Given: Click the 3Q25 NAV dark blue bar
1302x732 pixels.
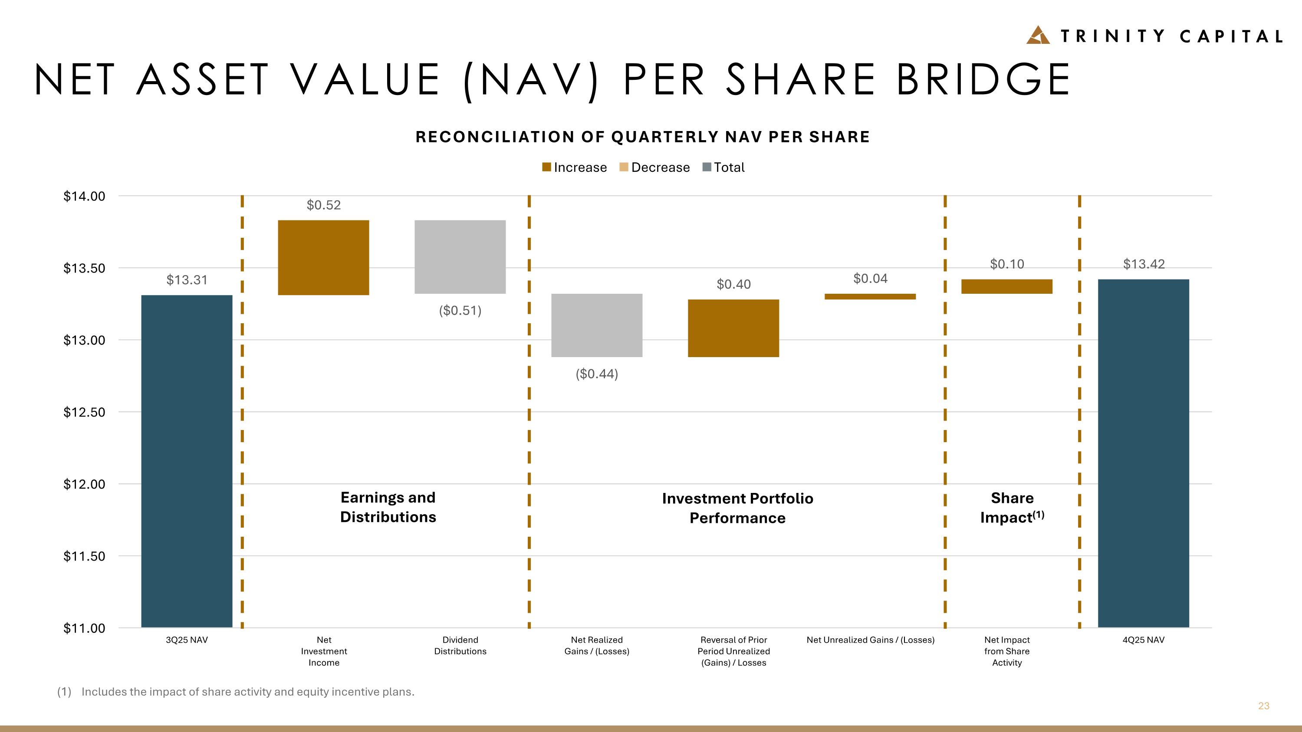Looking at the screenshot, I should tap(187, 461).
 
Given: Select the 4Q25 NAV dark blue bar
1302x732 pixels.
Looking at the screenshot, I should tap(1143, 453).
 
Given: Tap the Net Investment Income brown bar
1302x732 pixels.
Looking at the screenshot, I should tap(323, 257).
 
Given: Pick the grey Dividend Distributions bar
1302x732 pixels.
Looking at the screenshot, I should tap(460, 256).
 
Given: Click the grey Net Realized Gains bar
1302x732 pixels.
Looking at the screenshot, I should tap(596, 325).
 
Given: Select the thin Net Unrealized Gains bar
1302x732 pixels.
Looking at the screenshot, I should tap(870, 296).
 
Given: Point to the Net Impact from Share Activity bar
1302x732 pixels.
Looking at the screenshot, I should tap(1006, 286).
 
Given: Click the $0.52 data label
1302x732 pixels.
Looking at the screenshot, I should tap(323, 205).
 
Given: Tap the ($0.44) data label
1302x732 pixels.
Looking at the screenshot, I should tap(596, 374).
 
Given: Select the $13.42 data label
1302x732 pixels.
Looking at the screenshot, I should tap(1143, 264).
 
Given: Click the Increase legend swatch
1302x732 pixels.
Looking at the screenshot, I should tap(546, 167).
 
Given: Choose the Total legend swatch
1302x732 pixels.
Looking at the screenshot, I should tap(707, 167).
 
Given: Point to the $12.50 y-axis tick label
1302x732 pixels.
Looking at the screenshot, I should tap(84, 412).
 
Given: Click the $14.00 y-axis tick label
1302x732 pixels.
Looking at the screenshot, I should tap(84, 196).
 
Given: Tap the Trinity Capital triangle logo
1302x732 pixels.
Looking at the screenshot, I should tap(1038, 35).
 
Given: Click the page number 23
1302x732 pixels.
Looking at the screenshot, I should tap(1263, 706).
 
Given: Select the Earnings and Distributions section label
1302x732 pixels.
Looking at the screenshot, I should tap(388, 507).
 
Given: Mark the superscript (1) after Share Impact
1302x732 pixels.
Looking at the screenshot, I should tap(1038, 515).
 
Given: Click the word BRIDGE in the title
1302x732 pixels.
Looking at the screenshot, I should tap(983, 80).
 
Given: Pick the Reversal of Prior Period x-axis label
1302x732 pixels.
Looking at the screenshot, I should tap(733, 651).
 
